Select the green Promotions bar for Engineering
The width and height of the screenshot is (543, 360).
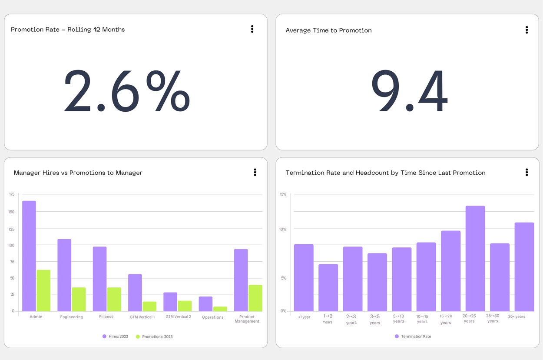coord(79,299)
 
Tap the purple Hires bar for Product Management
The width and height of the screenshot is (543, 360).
coord(241,280)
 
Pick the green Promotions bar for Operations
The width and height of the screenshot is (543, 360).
coord(220,309)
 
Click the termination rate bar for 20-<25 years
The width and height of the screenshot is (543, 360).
coord(475,258)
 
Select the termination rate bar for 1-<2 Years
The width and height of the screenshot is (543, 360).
coord(328,287)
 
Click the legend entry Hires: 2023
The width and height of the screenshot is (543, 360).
coord(115,337)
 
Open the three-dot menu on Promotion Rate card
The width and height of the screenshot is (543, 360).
coord(252,29)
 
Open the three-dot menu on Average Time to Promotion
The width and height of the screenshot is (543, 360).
coord(526,30)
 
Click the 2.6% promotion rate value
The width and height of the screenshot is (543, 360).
coord(127,91)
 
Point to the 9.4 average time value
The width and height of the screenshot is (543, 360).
coord(409,91)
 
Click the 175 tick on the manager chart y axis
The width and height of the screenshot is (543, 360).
coord(11,194)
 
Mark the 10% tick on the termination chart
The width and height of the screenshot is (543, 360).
coord(282,229)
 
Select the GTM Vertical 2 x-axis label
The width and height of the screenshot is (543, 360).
coord(178,317)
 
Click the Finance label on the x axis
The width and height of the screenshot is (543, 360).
coord(106,317)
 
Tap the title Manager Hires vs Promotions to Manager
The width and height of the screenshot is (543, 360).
coord(78,173)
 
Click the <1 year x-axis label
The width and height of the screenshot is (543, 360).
coord(304,317)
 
